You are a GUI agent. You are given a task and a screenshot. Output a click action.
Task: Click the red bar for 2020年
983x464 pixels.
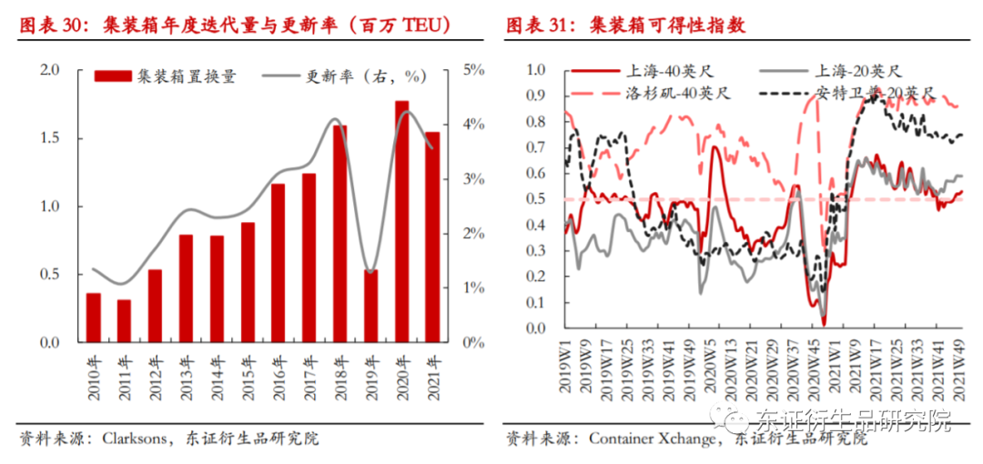[x=401, y=223]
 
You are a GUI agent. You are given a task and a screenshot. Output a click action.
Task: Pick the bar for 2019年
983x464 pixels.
[x=370, y=306]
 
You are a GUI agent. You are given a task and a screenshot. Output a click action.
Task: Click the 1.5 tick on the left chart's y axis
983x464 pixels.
[x=49, y=137]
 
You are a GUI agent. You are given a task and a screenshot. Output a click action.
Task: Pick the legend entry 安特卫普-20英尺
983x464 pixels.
[x=875, y=94]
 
